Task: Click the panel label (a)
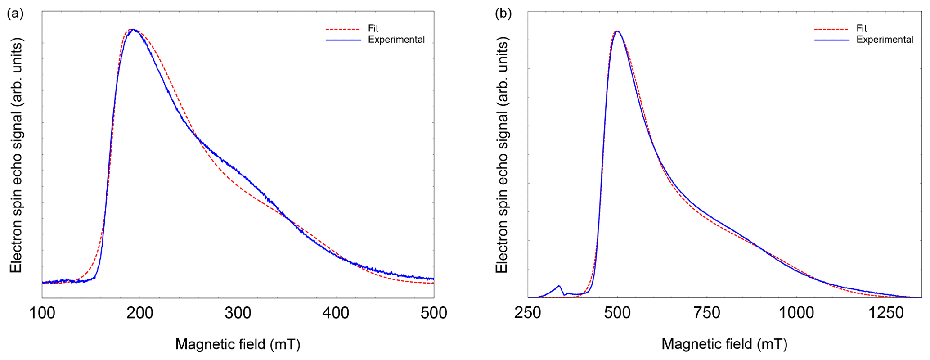pyautogui.click(x=15, y=13)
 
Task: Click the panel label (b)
pyautogui.click(x=503, y=13)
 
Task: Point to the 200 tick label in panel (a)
pyautogui.click(x=140, y=313)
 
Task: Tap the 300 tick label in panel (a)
pyautogui.click(x=238, y=313)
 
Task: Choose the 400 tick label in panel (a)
pyautogui.click(x=336, y=313)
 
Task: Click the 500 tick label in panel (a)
pyautogui.click(x=434, y=313)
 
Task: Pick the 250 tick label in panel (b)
pyautogui.click(x=528, y=313)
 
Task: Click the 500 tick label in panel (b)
pyautogui.click(x=617, y=313)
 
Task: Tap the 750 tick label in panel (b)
pyautogui.click(x=707, y=313)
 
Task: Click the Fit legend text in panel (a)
pyautogui.click(x=373, y=28)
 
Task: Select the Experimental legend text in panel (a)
pyautogui.click(x=396, y=40)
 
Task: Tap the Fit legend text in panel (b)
pyautogui.click(x=861, y=28)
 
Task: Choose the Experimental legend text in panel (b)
pyautogui.click(x=885, y=40)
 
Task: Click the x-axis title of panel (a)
pyautogui.click(x=238, y=344)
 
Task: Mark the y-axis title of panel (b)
pyautogui.click(x=502, y=155)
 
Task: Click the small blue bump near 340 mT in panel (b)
pyautogui.click(x=559, y=287)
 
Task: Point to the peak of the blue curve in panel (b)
pyautogui.click(x=617, y=31)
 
